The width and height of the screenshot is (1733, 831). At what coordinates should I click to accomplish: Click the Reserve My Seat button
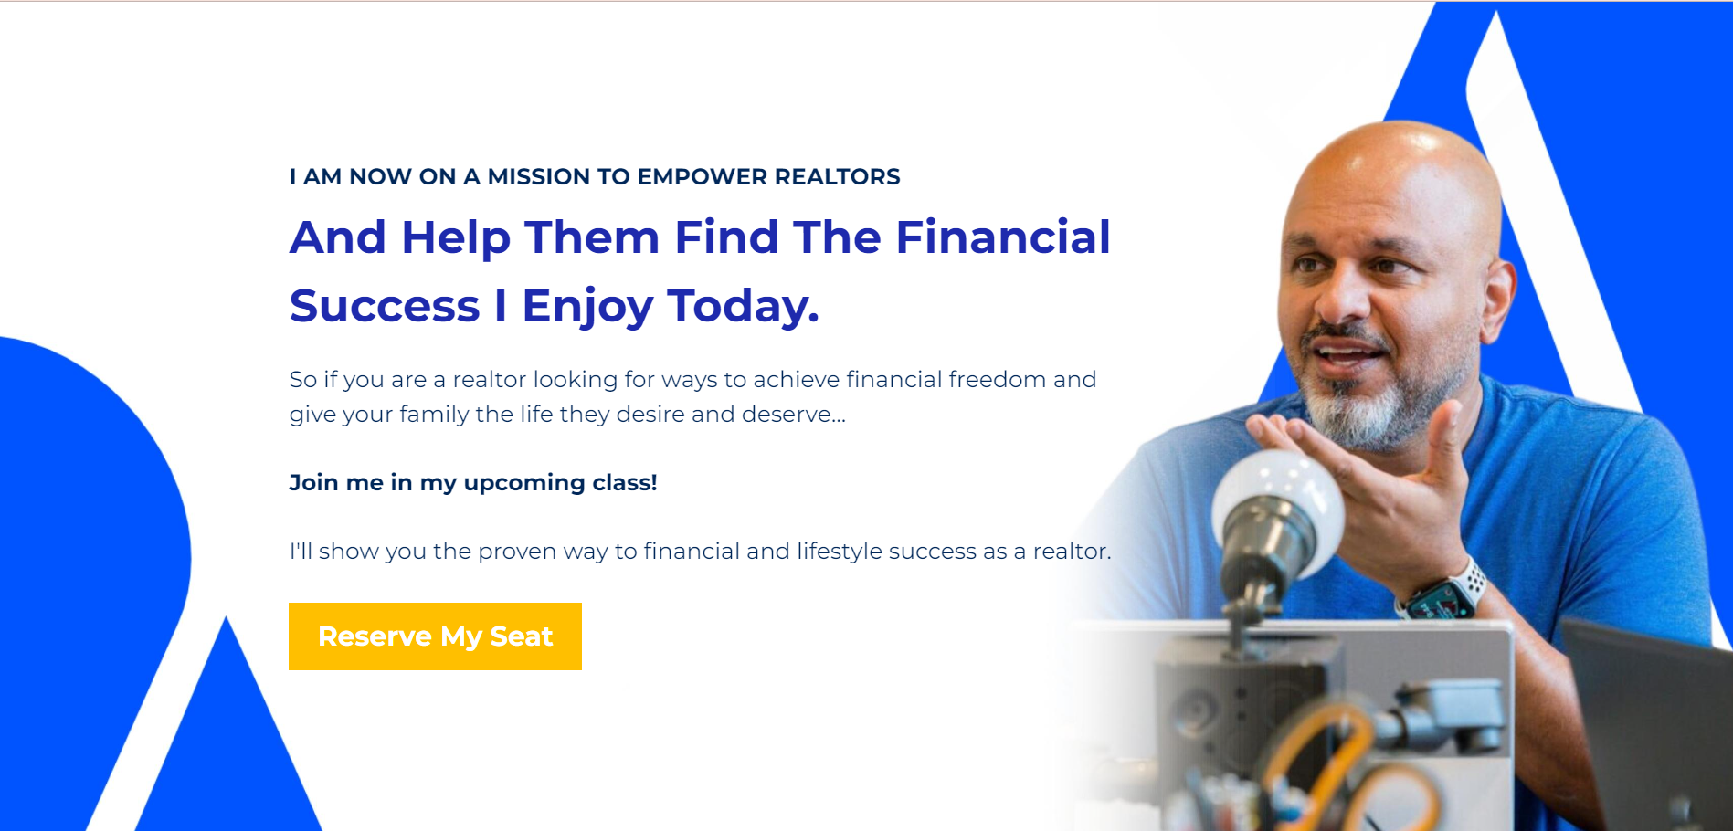pyautogui.click(x=435, y=636)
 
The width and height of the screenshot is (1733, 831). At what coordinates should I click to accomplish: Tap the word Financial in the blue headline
pyautogui.click(x=1002, y=237)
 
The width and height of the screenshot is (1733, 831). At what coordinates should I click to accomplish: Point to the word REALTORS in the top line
pyautogui.click(x=837, y=177)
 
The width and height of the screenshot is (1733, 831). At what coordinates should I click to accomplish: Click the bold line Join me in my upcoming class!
pyautogui.click(x=472, y=482)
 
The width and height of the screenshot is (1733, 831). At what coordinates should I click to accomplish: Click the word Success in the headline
pyautogui.click(x=385, y=306)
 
